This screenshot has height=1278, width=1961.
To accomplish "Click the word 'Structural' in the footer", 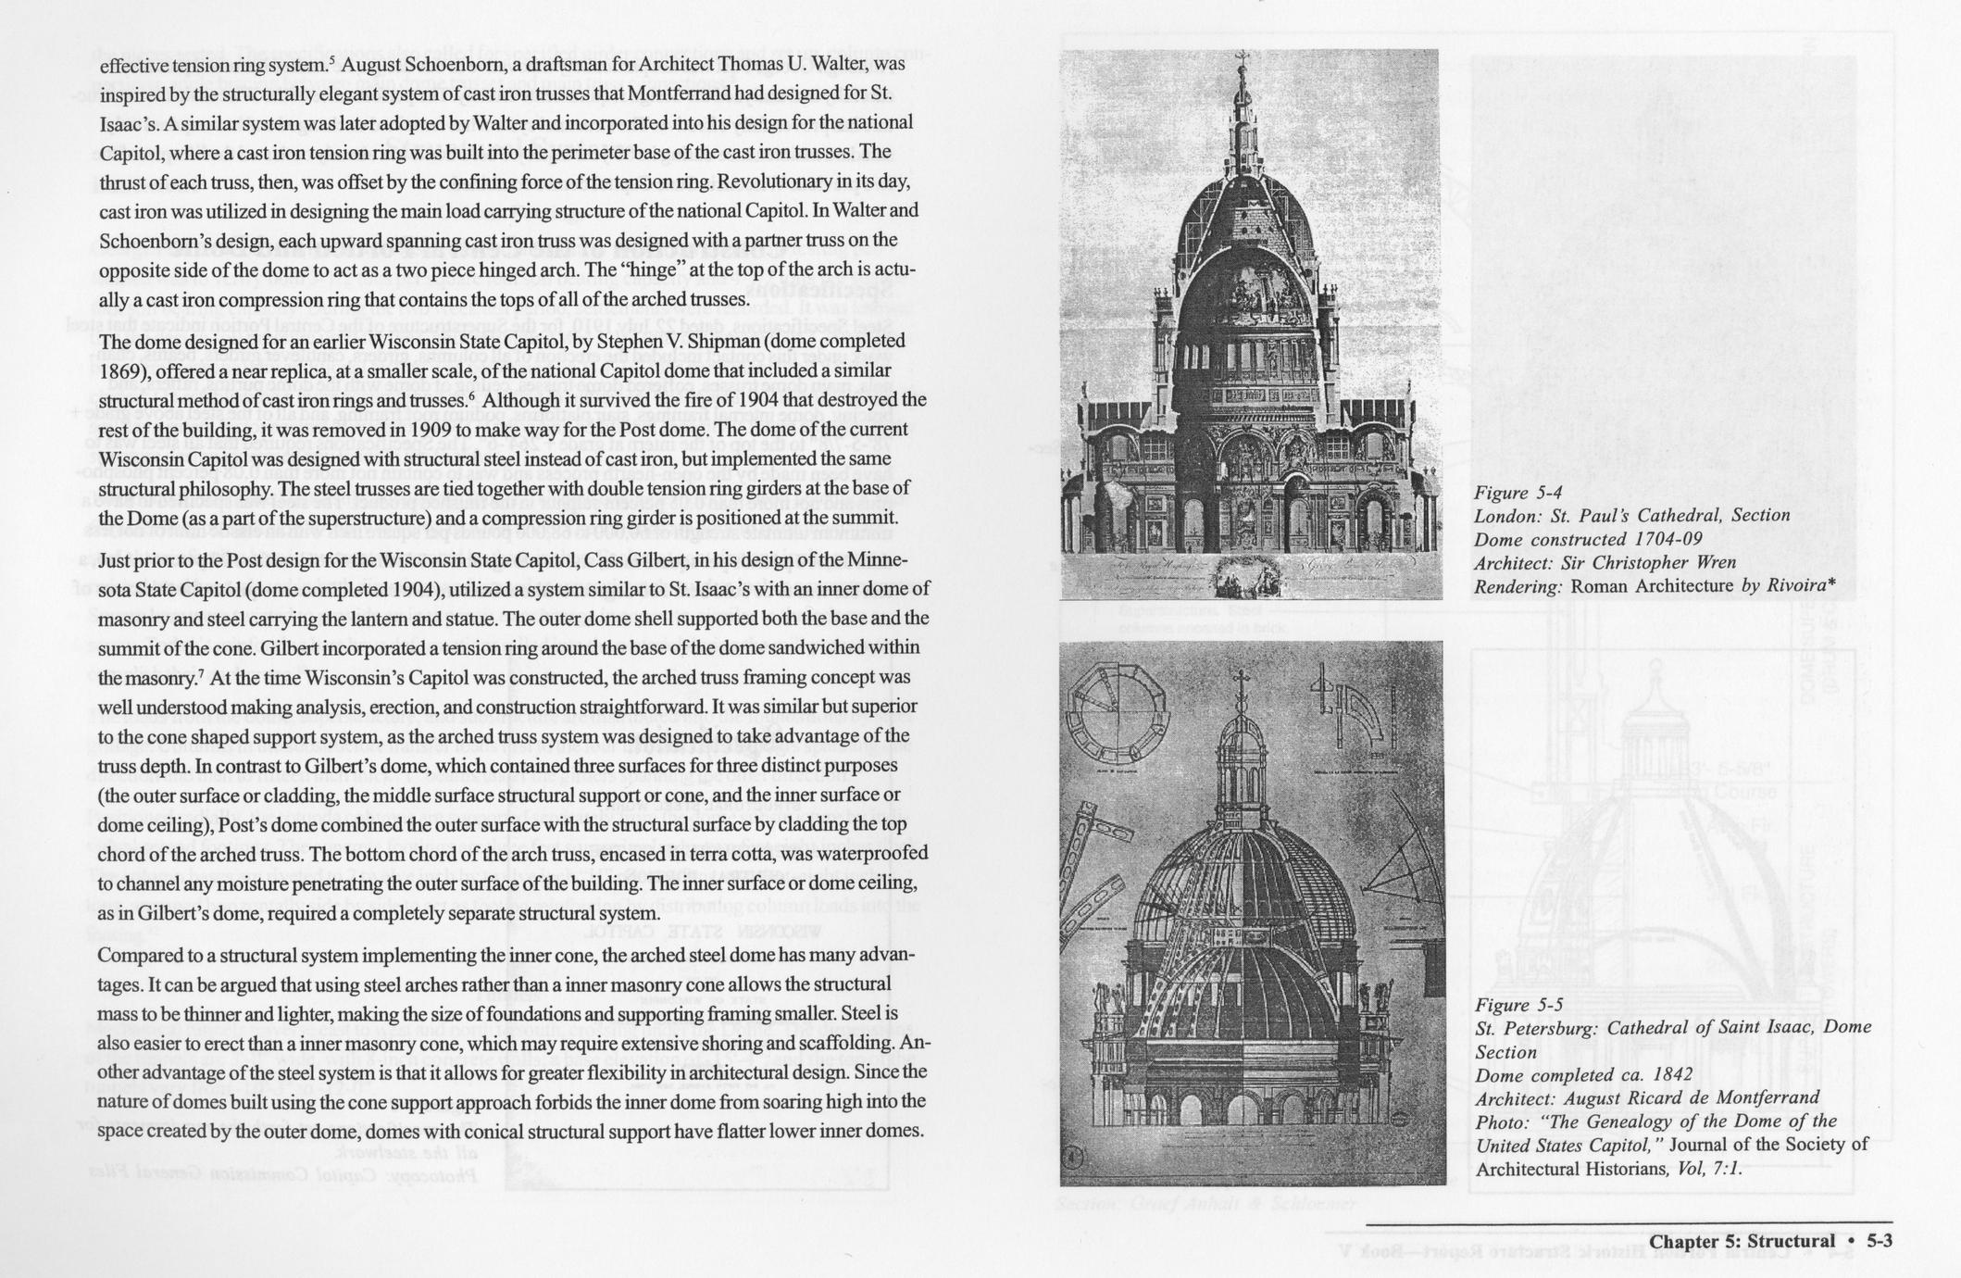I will tap(1791, 1241).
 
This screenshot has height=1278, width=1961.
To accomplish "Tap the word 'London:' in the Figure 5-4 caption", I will tap(1505, 515).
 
